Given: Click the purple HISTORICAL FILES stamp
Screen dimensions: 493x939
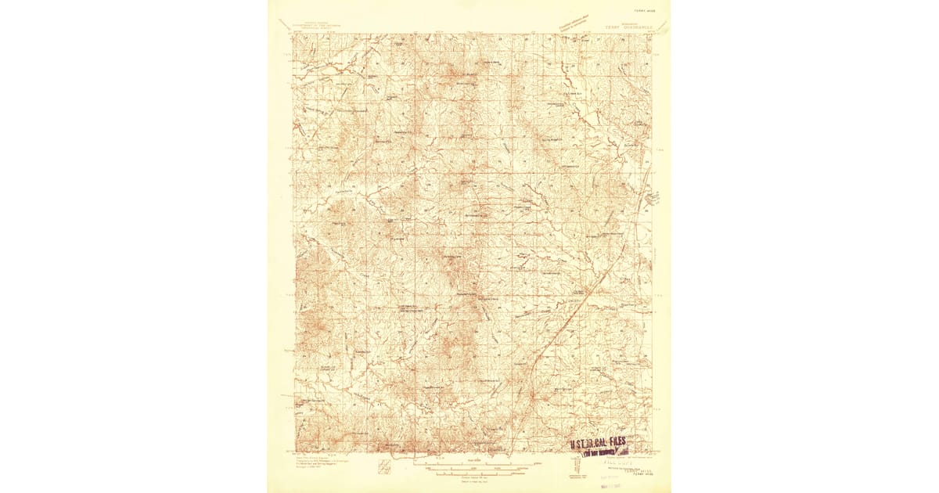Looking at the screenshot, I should pos(599,443).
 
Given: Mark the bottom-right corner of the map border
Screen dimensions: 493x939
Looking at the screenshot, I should pos(651,453).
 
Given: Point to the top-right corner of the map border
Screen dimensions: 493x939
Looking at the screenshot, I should pos(651,34).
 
